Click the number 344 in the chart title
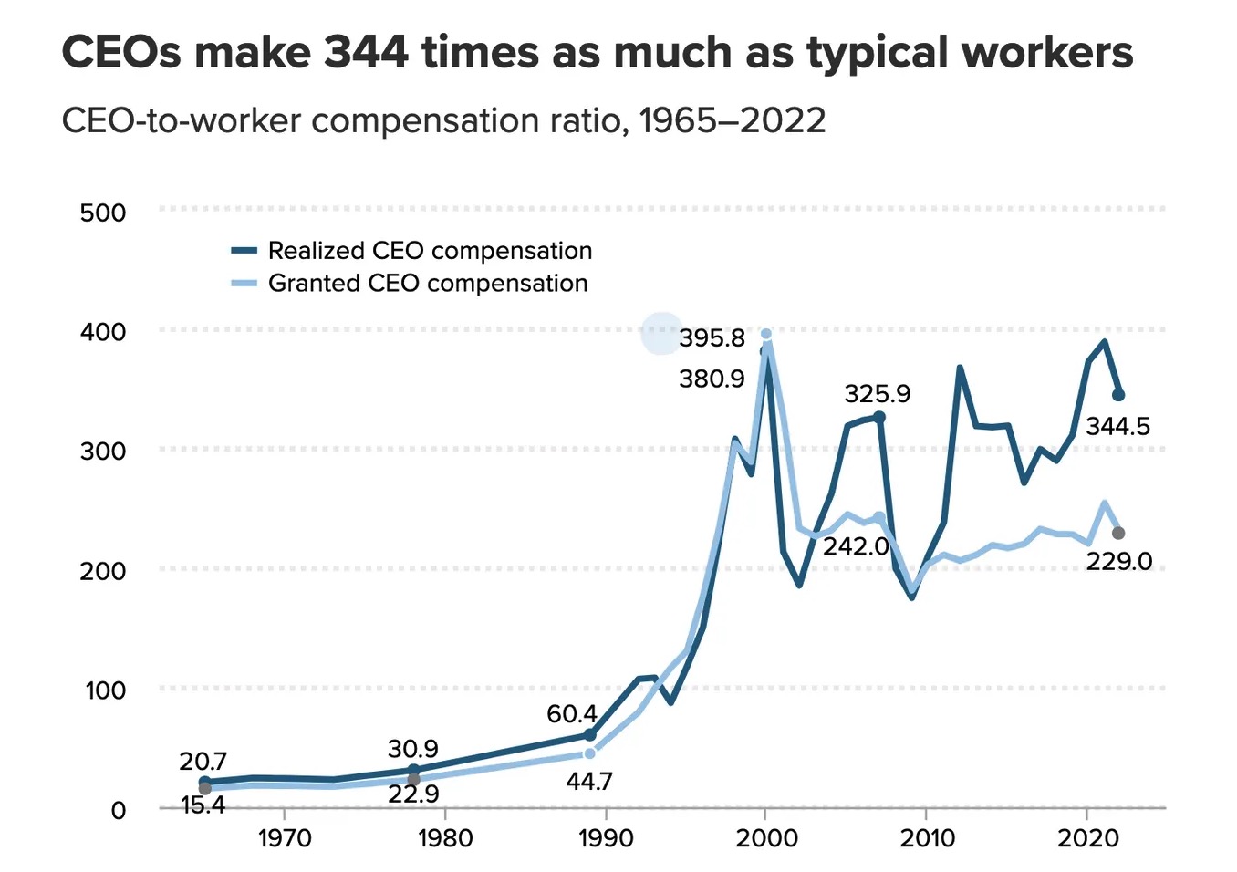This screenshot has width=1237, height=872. point(367,53)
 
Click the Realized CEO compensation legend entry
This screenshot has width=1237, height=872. point(430,251)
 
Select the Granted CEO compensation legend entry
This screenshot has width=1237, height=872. point(428,284)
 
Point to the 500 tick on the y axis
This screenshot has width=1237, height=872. point(103,213)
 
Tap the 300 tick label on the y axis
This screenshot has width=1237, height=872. point(103,451)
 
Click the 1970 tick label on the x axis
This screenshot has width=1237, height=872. point(285,837)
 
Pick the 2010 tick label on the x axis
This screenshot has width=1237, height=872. point(927,837)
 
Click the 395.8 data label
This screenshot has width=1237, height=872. point(712,338)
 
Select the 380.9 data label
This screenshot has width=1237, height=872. point(712,379)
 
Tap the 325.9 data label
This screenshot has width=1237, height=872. point(877,393)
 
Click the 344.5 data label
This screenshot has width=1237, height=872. point(1117,426)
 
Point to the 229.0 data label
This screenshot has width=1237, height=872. point(1118,561)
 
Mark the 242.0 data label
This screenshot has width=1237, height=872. point(855,546)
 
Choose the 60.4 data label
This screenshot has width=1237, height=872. point(572,713)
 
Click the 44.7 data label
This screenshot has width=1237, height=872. point(589,782)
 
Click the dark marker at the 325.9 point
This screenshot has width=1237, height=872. point(879,418)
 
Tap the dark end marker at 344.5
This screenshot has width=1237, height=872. point(1118,395)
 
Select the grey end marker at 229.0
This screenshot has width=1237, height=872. point(1118,533)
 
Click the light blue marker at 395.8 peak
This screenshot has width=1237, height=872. point(766,334)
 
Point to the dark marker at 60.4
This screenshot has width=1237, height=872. point(589,735)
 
